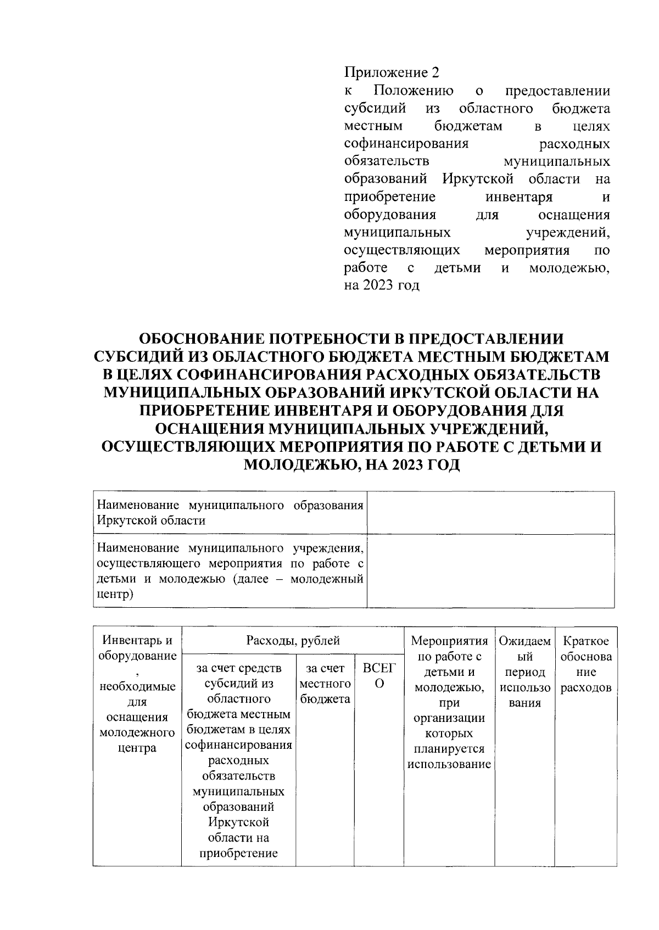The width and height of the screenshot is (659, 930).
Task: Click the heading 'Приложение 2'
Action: [x=392, y=72]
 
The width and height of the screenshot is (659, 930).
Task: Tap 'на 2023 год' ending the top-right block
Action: [x=381, y=285]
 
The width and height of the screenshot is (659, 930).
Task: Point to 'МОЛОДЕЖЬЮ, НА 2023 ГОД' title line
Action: [x=351, y=465]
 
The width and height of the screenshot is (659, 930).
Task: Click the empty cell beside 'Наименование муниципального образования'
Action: [x=490, y=513]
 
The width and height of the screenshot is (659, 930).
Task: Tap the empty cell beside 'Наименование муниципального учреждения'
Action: [x=490, y=571]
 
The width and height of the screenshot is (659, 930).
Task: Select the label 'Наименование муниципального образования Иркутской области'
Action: [x=230, y=513]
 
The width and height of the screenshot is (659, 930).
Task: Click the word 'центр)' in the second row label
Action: [x=115, y=595]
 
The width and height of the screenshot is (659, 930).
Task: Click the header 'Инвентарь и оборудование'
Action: [x=137, y=648]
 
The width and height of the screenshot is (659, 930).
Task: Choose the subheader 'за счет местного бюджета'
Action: [x=325, y=684]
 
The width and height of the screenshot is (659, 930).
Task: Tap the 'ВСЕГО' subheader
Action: [x=379, y=676]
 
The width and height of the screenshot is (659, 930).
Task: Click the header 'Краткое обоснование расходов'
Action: [x=585, y=664]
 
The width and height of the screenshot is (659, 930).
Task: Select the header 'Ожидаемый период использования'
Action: [x=524, y=672]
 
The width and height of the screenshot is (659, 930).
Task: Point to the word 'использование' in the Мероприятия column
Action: [x=449, y=764]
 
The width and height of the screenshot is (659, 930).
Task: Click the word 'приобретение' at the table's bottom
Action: [x=238, y=853]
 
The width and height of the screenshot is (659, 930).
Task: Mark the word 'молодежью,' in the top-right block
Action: [x=569, y=268]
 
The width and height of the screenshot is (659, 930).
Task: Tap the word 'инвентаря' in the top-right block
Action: [x=519, y=197]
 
